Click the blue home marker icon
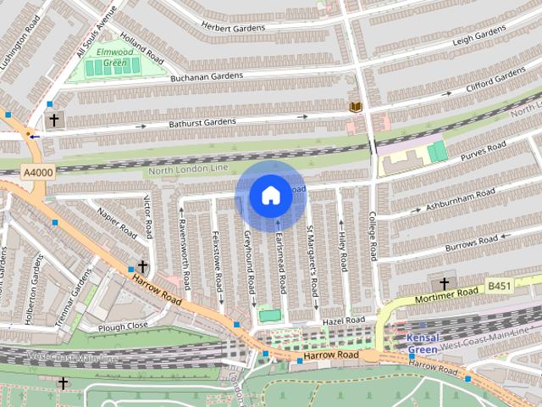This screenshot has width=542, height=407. [269, 196]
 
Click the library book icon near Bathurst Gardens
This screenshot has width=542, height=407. [356, 107]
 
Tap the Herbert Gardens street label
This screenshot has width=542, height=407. [233, 27]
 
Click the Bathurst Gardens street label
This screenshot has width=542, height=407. [200, 122]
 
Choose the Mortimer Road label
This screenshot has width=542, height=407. [446, 296]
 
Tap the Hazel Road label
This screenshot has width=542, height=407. [342, 321]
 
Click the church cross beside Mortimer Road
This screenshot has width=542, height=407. [443, 283]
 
